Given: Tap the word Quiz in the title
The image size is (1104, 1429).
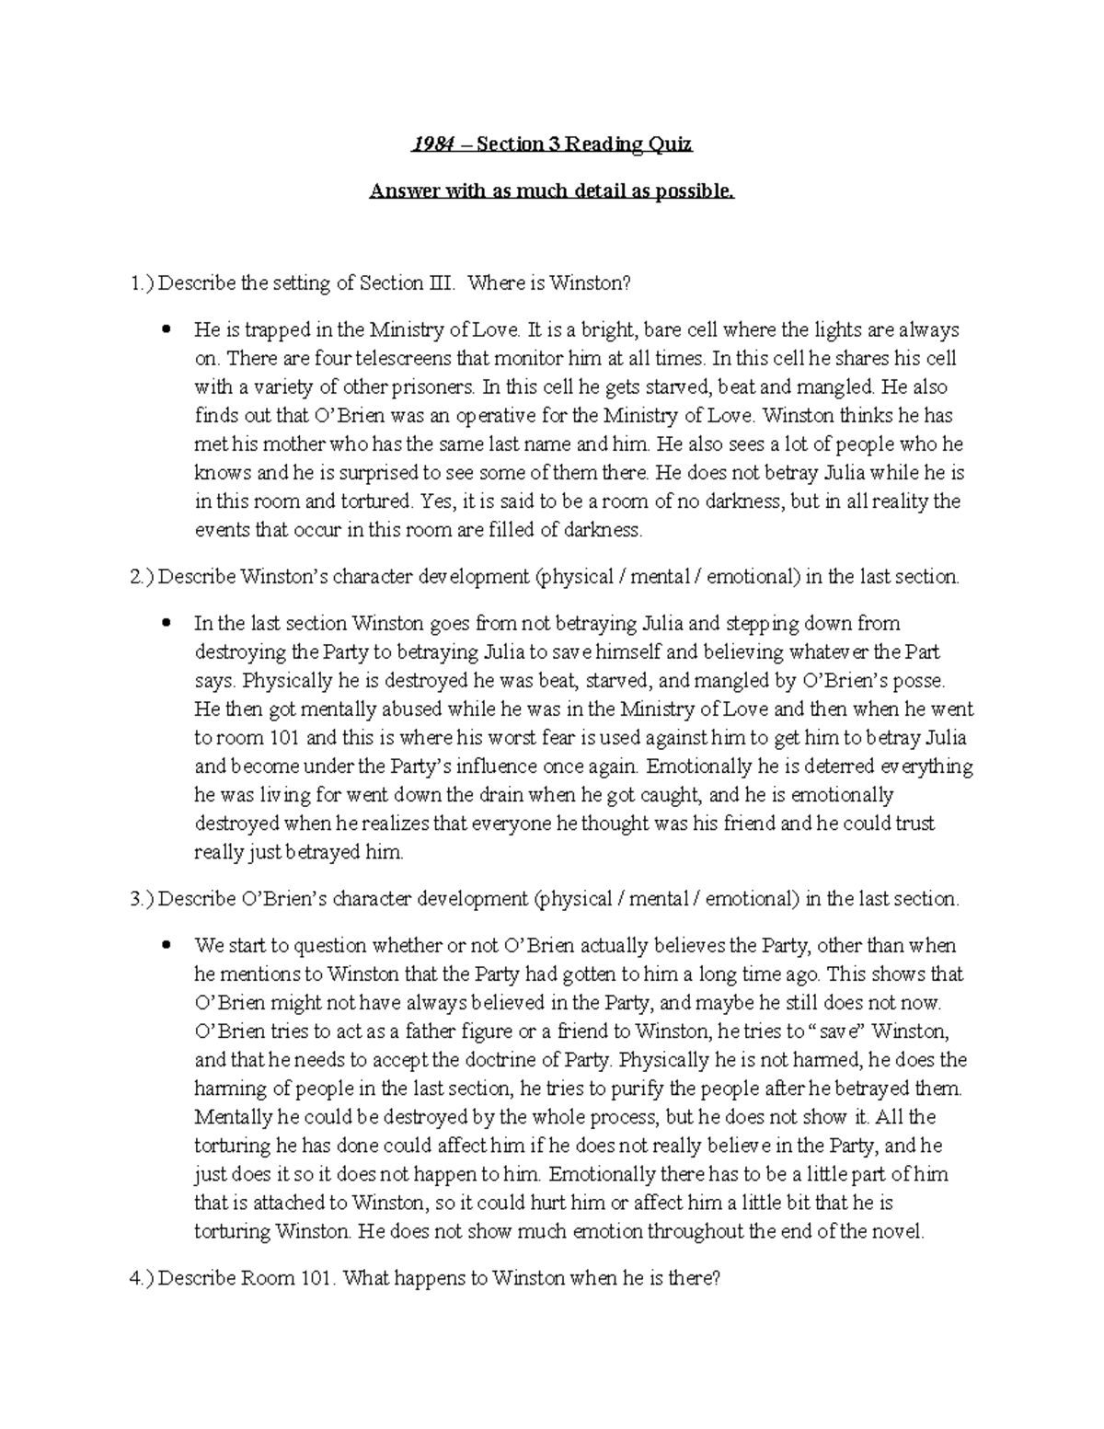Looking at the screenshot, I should tap(670, 144).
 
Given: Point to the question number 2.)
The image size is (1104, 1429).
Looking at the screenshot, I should tap(143, 577).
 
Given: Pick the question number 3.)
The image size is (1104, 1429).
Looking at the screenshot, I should tap(143, 899).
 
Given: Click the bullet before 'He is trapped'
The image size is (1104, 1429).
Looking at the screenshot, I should tap(167, 329).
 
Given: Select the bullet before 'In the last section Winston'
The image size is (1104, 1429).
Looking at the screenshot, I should tap(167, 624).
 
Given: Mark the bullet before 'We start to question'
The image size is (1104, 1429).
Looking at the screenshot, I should tap(167, 946).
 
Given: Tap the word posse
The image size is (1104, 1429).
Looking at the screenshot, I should tap(918, 681).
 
